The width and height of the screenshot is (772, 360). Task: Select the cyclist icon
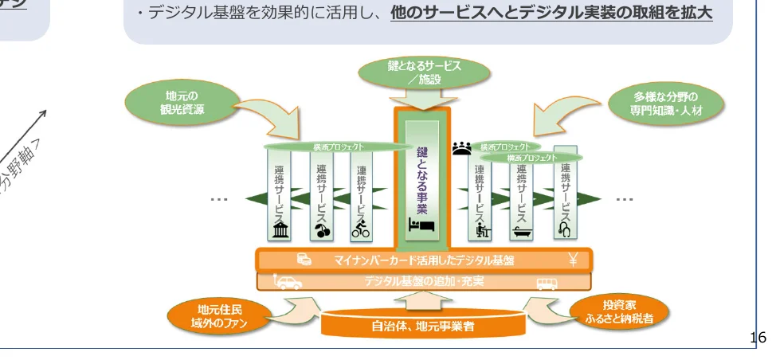click(x=362, y=229)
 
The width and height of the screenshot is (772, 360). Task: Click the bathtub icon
click(x=520, y=230)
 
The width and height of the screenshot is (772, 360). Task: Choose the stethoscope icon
click(x=564, y=229)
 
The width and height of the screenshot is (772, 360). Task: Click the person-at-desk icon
click(x=480, y=230)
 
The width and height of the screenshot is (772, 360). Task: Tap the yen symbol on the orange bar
click(x=571, y=260)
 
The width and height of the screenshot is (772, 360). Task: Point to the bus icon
click(x=547, y=282)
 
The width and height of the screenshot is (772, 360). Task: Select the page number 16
click(x=758, y=338)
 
